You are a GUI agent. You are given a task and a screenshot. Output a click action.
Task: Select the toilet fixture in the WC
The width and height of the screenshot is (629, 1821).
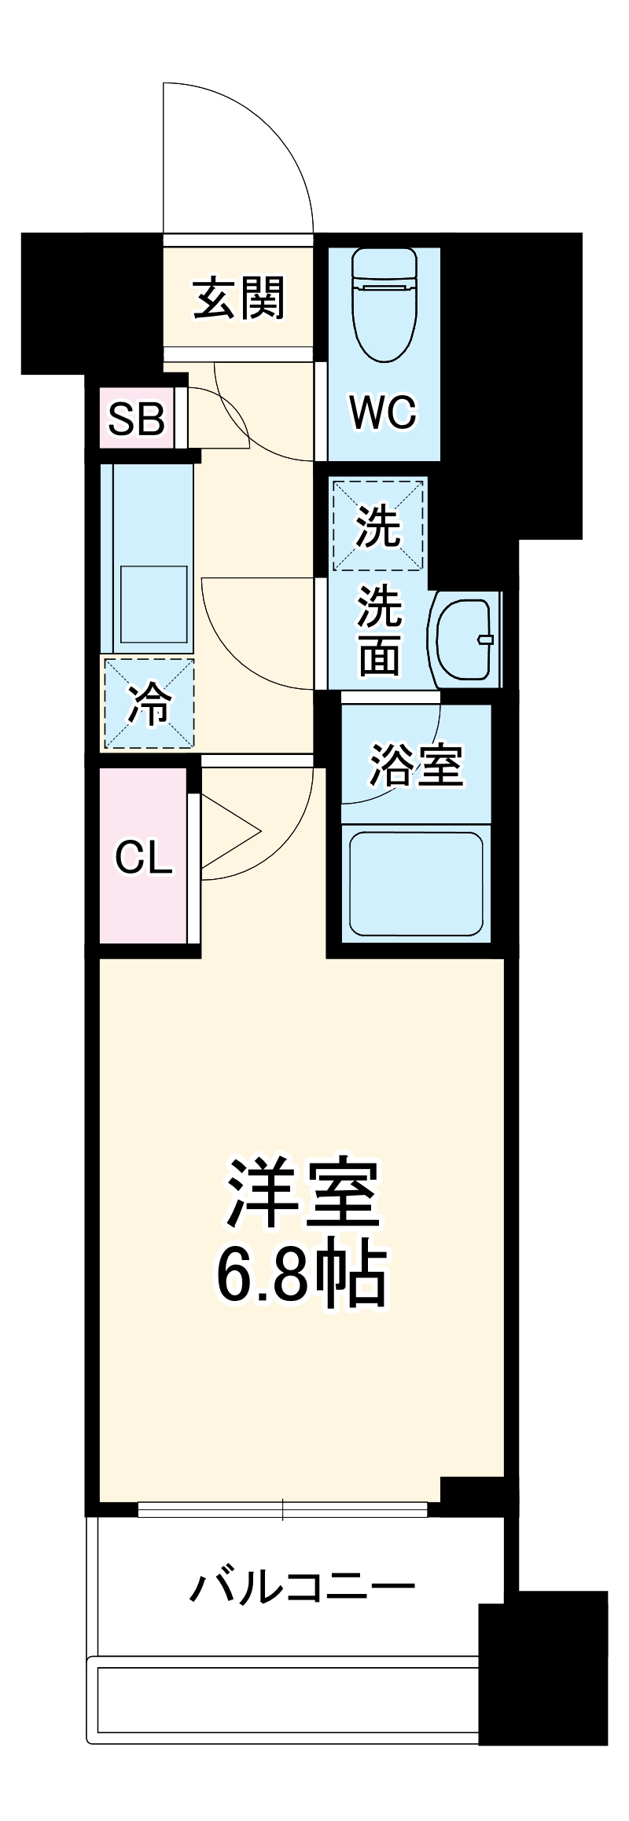[384, 302]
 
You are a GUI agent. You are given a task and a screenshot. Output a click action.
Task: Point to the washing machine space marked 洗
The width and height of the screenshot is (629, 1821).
[379, 526]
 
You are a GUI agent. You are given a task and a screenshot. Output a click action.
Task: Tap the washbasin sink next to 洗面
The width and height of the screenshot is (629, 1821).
[465, 639]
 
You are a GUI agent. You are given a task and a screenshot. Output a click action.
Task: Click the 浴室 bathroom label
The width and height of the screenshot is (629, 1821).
[416, 764]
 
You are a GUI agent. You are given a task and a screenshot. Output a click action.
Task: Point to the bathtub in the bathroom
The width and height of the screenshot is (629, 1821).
[415, 884]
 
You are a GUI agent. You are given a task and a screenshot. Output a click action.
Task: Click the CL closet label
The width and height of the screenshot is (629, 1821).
[143, 858]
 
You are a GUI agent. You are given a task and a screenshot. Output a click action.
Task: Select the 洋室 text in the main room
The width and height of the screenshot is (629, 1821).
[303, 1193]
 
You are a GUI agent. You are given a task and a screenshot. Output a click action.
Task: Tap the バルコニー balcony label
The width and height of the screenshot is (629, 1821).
[302, 1588]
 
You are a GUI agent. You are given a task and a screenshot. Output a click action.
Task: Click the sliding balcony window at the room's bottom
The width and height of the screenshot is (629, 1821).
[283, 1509]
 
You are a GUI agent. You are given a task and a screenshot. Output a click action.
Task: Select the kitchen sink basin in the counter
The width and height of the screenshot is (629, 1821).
[154, 603]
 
